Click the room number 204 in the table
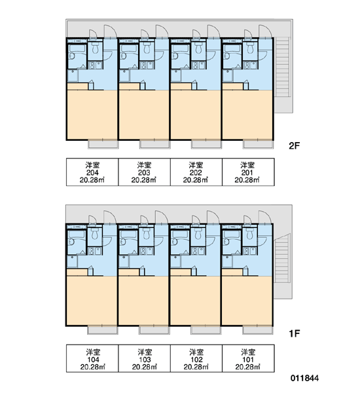(x=92, y=172)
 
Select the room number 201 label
(x=247, y=172)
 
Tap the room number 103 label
(x=145, y=360)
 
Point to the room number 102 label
(x=196, y=360)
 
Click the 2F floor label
(x=295, y=145)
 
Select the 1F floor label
(x=295, y=333)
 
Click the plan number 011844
(x=304, y=378)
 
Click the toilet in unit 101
(x=249, y=234)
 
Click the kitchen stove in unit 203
(x=147, y=65)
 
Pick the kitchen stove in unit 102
(x=198, y=251)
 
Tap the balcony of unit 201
(x=258, y=144)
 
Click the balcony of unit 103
(x=154, y=330)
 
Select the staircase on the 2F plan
(x=283, y=67)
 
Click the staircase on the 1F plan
(x=282, y=258)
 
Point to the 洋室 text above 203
(x=144, y=165)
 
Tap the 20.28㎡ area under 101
(x=247, y=367)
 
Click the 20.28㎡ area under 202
(x=196, y=180)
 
